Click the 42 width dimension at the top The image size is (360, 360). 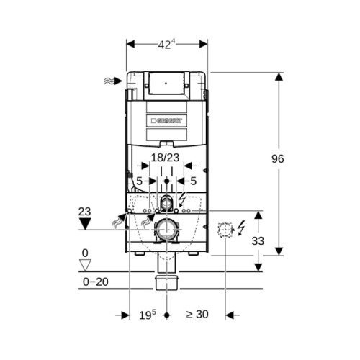point(167,45)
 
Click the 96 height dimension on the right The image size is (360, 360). point(278,159)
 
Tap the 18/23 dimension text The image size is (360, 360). point(165,158)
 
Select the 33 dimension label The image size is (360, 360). point(258,241)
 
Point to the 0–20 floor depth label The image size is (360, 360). point(96,282)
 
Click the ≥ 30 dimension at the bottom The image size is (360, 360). point(197,315)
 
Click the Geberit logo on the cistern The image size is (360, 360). point(166,120)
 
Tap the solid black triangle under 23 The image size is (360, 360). point(85,224)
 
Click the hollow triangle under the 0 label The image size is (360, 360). point(85,265)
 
